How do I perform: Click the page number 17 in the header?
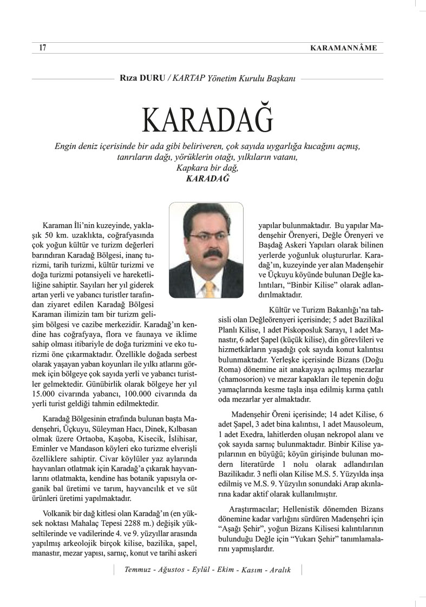[42, 48]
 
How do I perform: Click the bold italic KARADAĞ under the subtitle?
[212, 178]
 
